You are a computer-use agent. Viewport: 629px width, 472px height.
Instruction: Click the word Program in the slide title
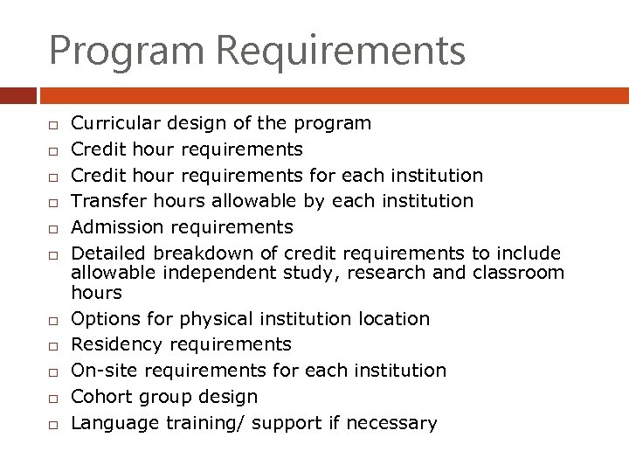[x=127, y=51]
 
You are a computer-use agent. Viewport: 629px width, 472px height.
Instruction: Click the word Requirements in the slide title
[x=342, y=51]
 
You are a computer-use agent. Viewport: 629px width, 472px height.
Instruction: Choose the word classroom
[x=519, y=273]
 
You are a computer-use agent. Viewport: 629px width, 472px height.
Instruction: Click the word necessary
[x=391, y=423]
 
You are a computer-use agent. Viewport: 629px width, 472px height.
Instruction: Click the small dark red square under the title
[x=18, y=95]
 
